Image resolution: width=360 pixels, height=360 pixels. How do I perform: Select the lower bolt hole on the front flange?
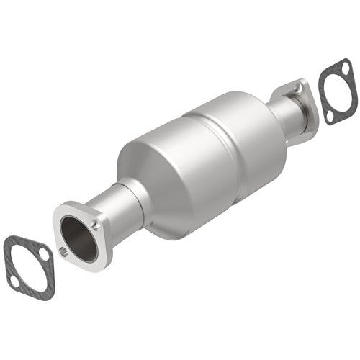(65, 252)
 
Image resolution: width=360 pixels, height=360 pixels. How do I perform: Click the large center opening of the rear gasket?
(336, 91)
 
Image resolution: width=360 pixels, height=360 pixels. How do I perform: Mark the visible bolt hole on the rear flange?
(297, 88)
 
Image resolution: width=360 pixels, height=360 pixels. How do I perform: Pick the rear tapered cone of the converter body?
(266, 126)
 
